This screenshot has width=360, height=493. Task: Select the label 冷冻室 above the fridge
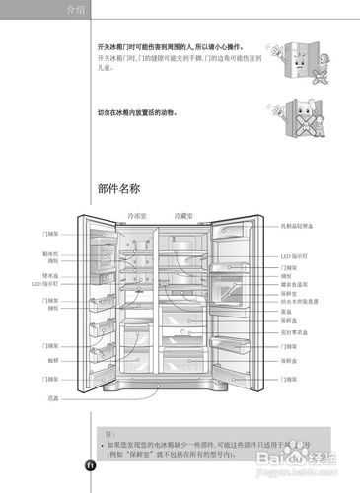(x=137, y=215)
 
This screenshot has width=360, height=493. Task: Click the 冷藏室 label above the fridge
(x=183, y=215)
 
